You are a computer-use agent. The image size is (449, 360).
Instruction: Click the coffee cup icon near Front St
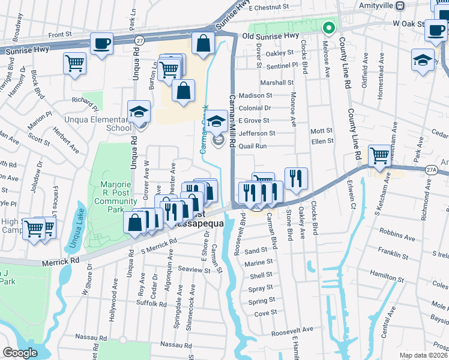[101, 43]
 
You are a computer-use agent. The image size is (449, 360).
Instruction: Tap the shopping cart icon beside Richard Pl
[75, 62]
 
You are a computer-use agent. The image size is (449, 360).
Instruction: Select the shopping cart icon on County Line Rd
[379, 155]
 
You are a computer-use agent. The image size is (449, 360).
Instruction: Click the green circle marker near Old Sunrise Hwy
[328, 27]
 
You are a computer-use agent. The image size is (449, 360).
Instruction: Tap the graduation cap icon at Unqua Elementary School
[139, 111]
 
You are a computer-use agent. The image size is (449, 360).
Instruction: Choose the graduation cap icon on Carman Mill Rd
[217, 121]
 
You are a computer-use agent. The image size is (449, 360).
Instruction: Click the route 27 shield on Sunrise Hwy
[139, 40]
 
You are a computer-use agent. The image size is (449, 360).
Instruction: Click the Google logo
[20, 352]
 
